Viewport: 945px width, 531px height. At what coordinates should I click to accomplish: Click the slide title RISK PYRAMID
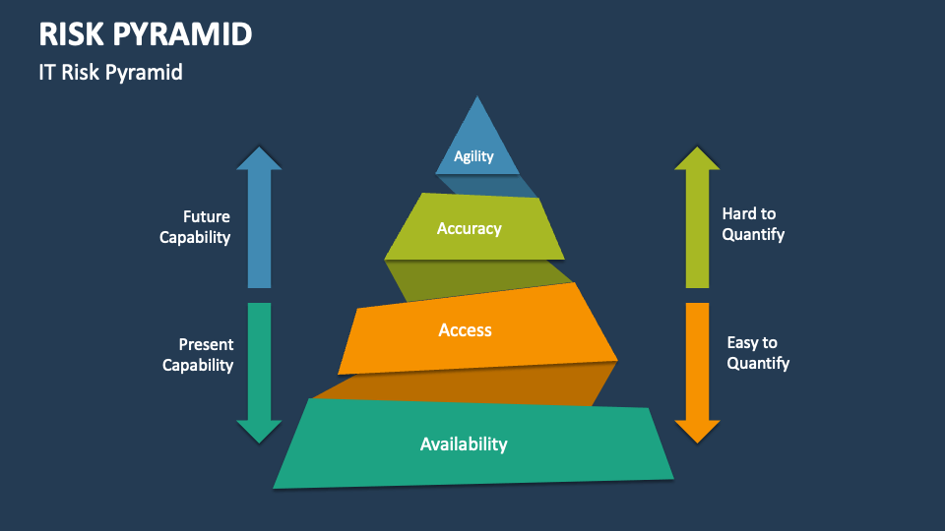click(x=146, y=34)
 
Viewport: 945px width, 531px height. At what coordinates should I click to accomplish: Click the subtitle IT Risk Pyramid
click(x=111, y=73)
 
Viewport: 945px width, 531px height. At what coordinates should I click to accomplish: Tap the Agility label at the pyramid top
click(x=473, y=156)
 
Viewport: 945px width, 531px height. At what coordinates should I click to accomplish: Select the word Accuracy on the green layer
click(x=469, y=228)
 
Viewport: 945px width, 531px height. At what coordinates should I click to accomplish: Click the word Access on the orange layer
click(x=465, y=330)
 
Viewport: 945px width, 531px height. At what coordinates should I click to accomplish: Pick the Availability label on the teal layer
click(x=464, y=444)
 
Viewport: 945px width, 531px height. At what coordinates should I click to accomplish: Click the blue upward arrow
click(x=259, y=221)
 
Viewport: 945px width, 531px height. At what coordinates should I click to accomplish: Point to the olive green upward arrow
click(x=697, y=221)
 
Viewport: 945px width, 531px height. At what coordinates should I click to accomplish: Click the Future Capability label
click(x=195, y=226)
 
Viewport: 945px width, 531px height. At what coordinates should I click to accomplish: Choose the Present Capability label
click(x=198, y=355)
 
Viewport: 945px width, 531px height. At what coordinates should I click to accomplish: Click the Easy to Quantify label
click(x=758, y=353)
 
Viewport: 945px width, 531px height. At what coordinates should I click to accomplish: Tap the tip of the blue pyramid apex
click(x=477, y=99)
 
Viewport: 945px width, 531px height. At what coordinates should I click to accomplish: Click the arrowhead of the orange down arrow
click(x=697, y=431)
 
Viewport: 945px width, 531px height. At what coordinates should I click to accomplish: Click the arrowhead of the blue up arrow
click(x=259, y=158)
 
